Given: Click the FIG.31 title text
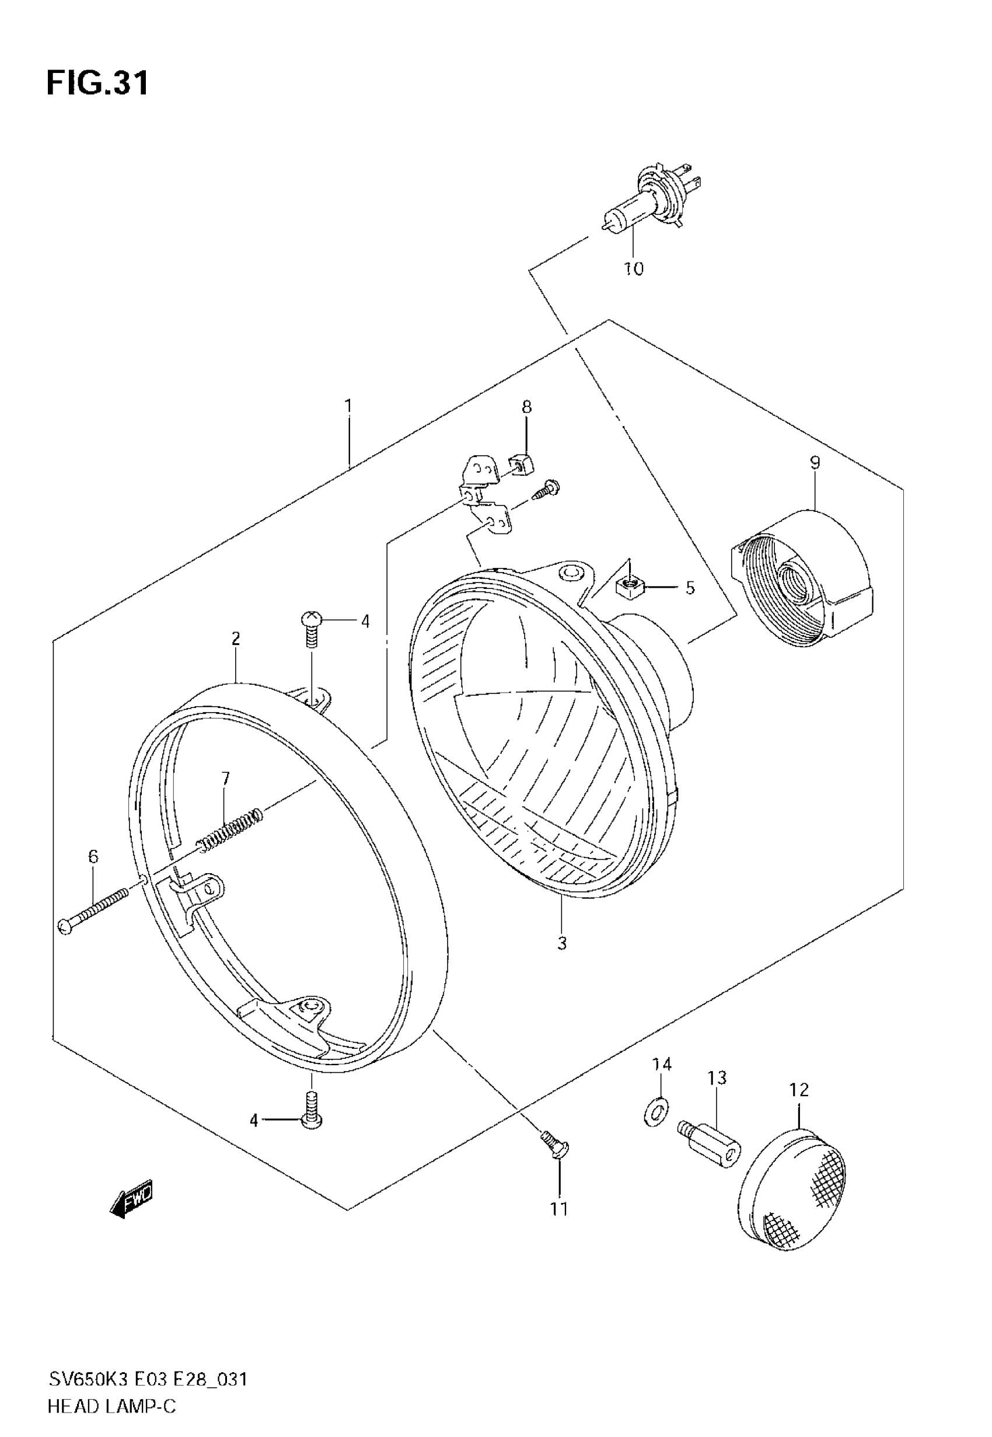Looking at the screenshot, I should point(97,83).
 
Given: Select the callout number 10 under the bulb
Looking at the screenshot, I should point(633,269).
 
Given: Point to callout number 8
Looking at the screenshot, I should point(526,407).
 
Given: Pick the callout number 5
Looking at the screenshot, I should point(690,588).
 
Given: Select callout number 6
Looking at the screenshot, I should point(93,856).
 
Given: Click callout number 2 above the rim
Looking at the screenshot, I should point(236,639).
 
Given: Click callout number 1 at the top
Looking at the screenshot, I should point(348,406).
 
